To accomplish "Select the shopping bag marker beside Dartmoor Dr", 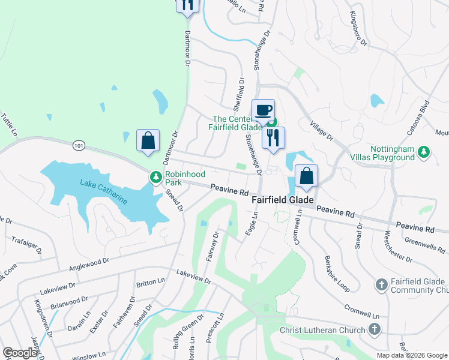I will click(x=148, y=142).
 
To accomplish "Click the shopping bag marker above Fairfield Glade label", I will click(x=306, y=176).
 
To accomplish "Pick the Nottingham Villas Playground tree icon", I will click(x=424, y=151).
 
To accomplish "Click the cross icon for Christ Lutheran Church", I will click(x=374, y=329).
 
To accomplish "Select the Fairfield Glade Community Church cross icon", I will click(x=381, y=283).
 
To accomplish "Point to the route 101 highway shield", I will click(x=78, y=146).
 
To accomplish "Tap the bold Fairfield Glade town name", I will click(x=283, y=201).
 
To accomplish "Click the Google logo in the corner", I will click(x=20, y=353).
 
